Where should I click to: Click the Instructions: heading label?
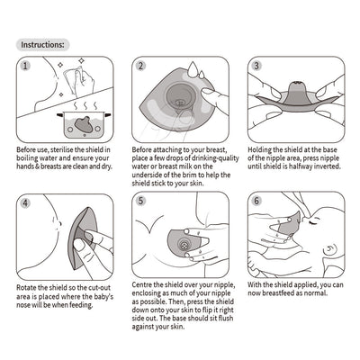[x=42, y=43]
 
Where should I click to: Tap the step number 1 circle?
[x=26, y=67]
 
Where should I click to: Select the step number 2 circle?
[x=141, y=67]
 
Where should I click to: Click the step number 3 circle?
[x=256, y=67]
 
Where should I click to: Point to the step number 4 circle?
[x=26, y=202]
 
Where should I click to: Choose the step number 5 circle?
[x=141, y=202]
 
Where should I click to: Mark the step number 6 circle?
[x=256, y=202]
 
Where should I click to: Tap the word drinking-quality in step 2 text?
[x=211, y=158]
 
